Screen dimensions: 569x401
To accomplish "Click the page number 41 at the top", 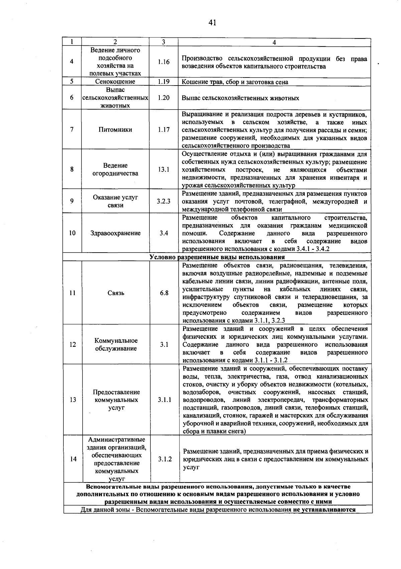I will pos(212,22).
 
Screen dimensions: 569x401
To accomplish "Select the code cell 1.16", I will pos(164,62).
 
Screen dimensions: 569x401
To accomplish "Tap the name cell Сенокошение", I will pos(115,82).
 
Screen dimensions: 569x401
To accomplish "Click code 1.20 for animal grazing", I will pos(164,98).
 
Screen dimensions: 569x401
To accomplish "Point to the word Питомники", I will pos(115,130).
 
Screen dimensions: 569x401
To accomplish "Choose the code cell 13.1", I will pos(164,169).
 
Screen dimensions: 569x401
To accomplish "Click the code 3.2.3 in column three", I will pos(164,201).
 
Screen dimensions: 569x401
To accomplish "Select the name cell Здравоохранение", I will pos(115,233).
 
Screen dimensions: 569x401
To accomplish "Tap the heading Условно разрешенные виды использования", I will pos(217,257).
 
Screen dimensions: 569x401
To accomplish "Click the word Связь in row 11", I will pos(116,293).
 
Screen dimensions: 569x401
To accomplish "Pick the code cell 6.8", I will pos(164,293).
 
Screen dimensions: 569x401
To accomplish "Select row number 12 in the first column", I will pos(73,344).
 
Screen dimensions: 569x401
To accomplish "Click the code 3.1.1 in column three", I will pos(164,400).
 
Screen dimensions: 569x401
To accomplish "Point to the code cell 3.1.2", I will pos(165,459).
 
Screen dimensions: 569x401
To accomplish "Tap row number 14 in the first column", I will pos(73,459).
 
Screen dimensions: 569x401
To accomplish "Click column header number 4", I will pos(274,42).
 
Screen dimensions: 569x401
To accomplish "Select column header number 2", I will pos(115,42).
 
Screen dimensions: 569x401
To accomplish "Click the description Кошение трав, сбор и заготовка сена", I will pos(235,82).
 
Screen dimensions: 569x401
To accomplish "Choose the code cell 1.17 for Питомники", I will pos(164,130).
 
